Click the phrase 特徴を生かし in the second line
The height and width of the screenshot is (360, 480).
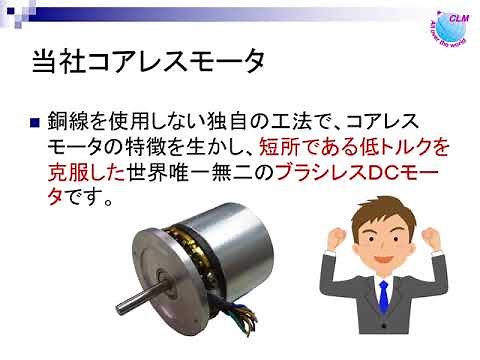click(x=195, y=147)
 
